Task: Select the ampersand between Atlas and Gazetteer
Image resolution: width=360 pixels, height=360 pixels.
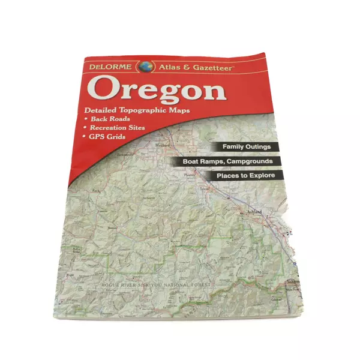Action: click(x=187, y=68)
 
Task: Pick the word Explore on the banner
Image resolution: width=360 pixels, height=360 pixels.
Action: click(x=260, y=176)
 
